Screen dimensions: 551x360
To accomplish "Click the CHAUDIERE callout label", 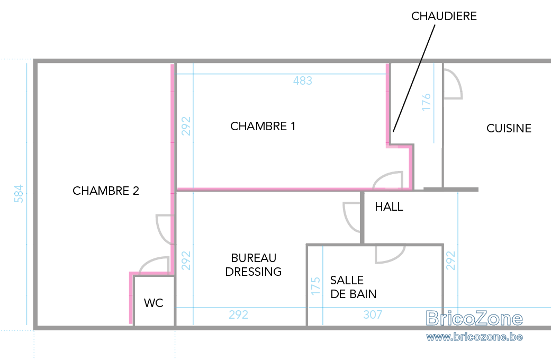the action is point(444,16).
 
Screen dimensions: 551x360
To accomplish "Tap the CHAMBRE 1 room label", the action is point(263,126).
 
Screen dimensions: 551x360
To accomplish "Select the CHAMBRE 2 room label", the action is point(106,191).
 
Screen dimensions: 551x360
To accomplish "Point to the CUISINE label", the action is point(509,128).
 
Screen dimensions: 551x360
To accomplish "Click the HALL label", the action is point(389,206).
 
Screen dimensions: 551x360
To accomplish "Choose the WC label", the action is point(153,303).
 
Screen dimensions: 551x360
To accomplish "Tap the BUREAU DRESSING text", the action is point(254,265).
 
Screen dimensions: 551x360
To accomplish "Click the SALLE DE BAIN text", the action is point(353,287).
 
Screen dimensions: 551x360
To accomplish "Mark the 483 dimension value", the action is point(303,81).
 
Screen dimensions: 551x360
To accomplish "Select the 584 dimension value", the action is point(19,194).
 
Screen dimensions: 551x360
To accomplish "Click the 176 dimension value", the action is point(426,102).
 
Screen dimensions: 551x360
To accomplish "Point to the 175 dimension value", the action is point(315,286).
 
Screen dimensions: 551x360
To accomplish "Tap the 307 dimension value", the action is point(373,314).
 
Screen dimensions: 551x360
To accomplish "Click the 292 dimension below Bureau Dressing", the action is point(238,314).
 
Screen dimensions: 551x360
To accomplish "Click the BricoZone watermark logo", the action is point(474,319).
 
